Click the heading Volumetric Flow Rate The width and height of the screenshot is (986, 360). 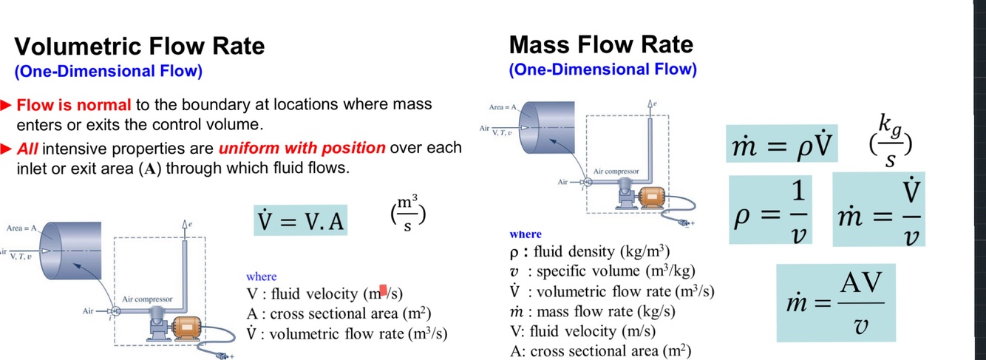(x=140, y=47)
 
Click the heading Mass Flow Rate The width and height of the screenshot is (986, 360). (x=601, y=44)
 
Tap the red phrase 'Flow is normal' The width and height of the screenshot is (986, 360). (x=74, y=105)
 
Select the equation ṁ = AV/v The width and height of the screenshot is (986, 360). (x=835, y=302)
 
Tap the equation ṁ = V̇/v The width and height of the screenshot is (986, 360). (x=879, y=211)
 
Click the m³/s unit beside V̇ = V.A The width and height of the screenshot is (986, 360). (x=407, y=213)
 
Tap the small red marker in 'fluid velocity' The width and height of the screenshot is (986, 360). (x=384, y=290)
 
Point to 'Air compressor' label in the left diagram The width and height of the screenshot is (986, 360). (x=148, y=299)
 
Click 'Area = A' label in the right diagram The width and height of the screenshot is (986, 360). (x=504, y=108)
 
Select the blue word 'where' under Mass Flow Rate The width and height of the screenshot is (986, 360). (x=526, y=234)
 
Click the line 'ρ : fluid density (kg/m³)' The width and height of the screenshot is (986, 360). (x=591, y=251)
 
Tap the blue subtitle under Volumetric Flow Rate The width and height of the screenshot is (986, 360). (x=108, y=72)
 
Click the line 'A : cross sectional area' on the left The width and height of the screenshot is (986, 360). (x=339, y=313)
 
